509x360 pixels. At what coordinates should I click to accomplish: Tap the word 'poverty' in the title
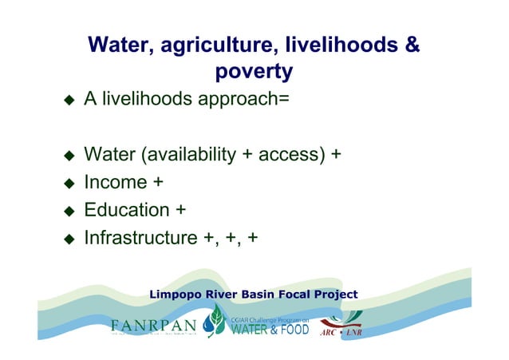tap(254, 72)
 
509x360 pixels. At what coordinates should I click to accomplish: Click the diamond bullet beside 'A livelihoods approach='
tap(69, 101)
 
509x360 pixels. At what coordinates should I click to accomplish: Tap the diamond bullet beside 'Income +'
tap(69, 184)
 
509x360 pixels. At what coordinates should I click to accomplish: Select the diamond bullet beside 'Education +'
tap(69, 212)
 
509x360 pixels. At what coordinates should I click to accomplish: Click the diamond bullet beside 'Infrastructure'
tap(69, 239)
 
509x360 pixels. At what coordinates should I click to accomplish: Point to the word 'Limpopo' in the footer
tap(176, 295)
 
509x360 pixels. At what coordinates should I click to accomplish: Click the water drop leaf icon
tap(215, 321)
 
